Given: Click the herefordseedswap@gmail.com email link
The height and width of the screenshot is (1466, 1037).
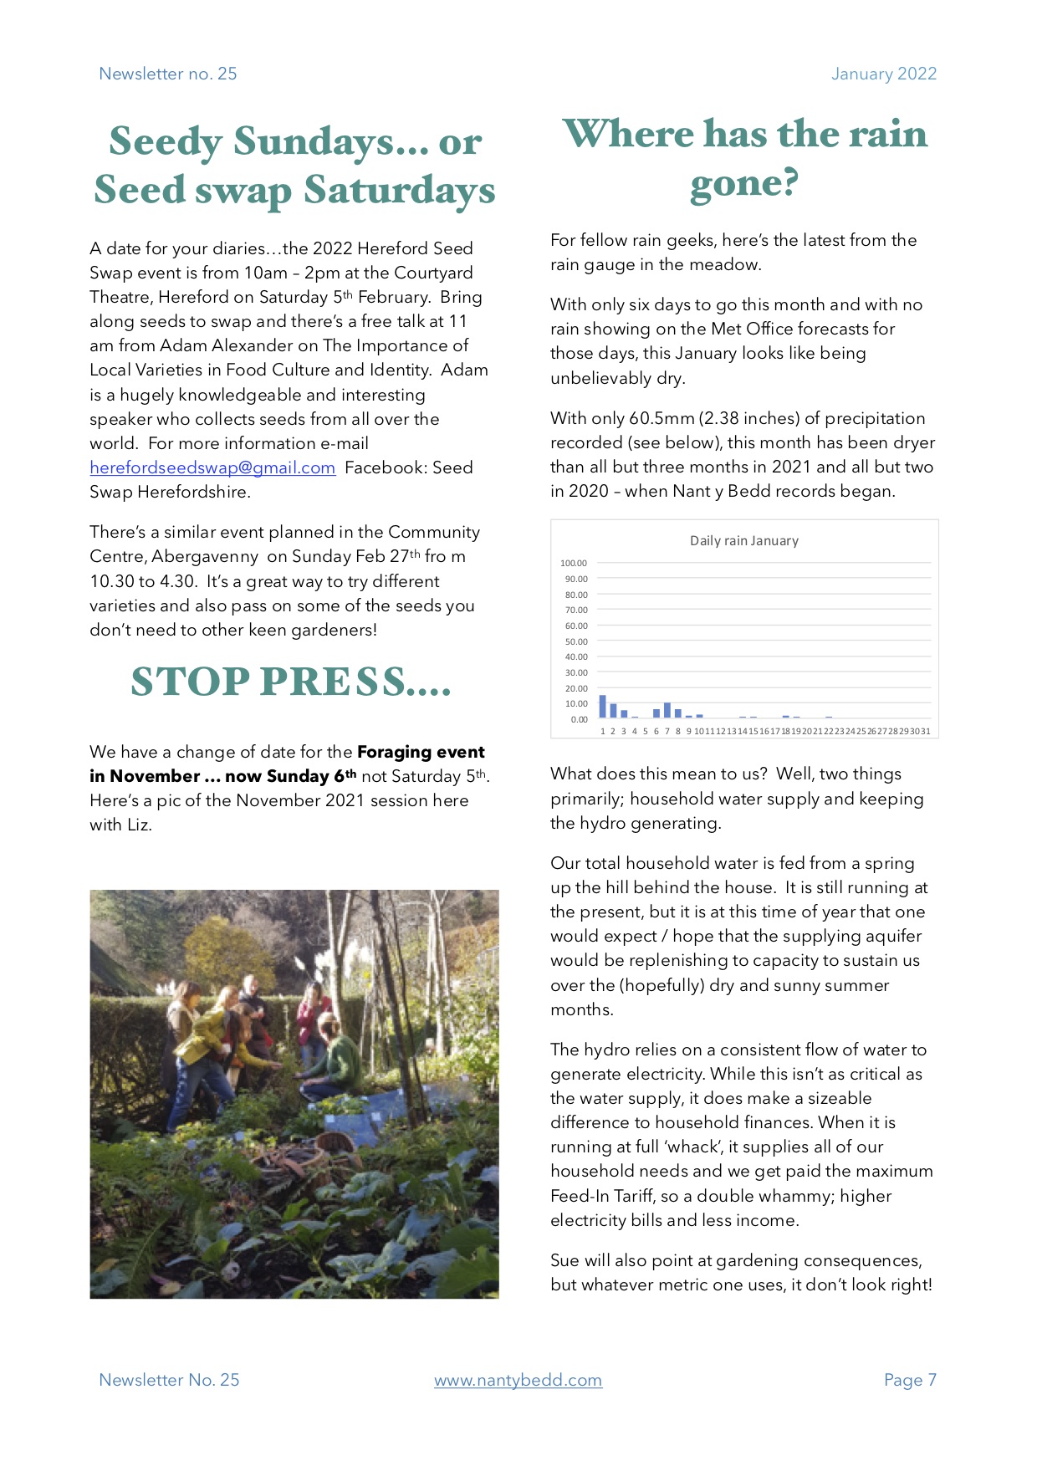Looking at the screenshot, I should pyautogui.click(x=212, y=467).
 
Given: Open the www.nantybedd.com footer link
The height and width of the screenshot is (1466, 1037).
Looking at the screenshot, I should pyautogui.click(x=518, y=1380).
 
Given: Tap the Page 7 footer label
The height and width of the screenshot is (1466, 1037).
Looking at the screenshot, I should pyautogui.click(x=910, y=1380).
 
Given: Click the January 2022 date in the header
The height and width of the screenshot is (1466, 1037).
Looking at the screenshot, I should pyautogui.click(x=883, y=74).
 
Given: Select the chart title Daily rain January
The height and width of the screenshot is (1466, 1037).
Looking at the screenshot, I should pyautogui.click(x=743, y=541).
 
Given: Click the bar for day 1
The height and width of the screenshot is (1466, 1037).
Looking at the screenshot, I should pyautogui.click(x=602, y=707).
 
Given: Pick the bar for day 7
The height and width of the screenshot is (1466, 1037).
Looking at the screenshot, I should pyautogui.click(x=667, y=711).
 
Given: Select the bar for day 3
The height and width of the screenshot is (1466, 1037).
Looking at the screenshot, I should pyautogui.click(x=624, y=714).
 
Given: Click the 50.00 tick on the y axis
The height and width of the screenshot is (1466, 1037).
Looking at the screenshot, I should pyautogui.click(x=575, y=641).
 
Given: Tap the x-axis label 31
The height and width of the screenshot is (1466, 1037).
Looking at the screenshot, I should pyautogui.click(x=925, y=732).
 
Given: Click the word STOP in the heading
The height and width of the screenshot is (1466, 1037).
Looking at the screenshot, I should pyautogui.click(x=190, y=682).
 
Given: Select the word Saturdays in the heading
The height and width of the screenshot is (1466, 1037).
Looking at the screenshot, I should pyautogui.click(x=400, y=190).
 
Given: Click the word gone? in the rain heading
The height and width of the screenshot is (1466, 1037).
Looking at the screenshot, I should pyautogui.click(x=743, y=183).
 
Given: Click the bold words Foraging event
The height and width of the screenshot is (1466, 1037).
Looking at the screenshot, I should pyautogui.click(x=421, y=752).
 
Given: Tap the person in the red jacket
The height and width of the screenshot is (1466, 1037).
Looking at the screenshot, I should pyautogui.click(x=314, y=1013).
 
